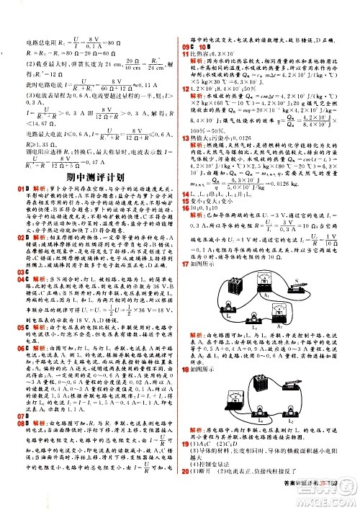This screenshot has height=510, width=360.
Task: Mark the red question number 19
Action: tap(186, 465)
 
